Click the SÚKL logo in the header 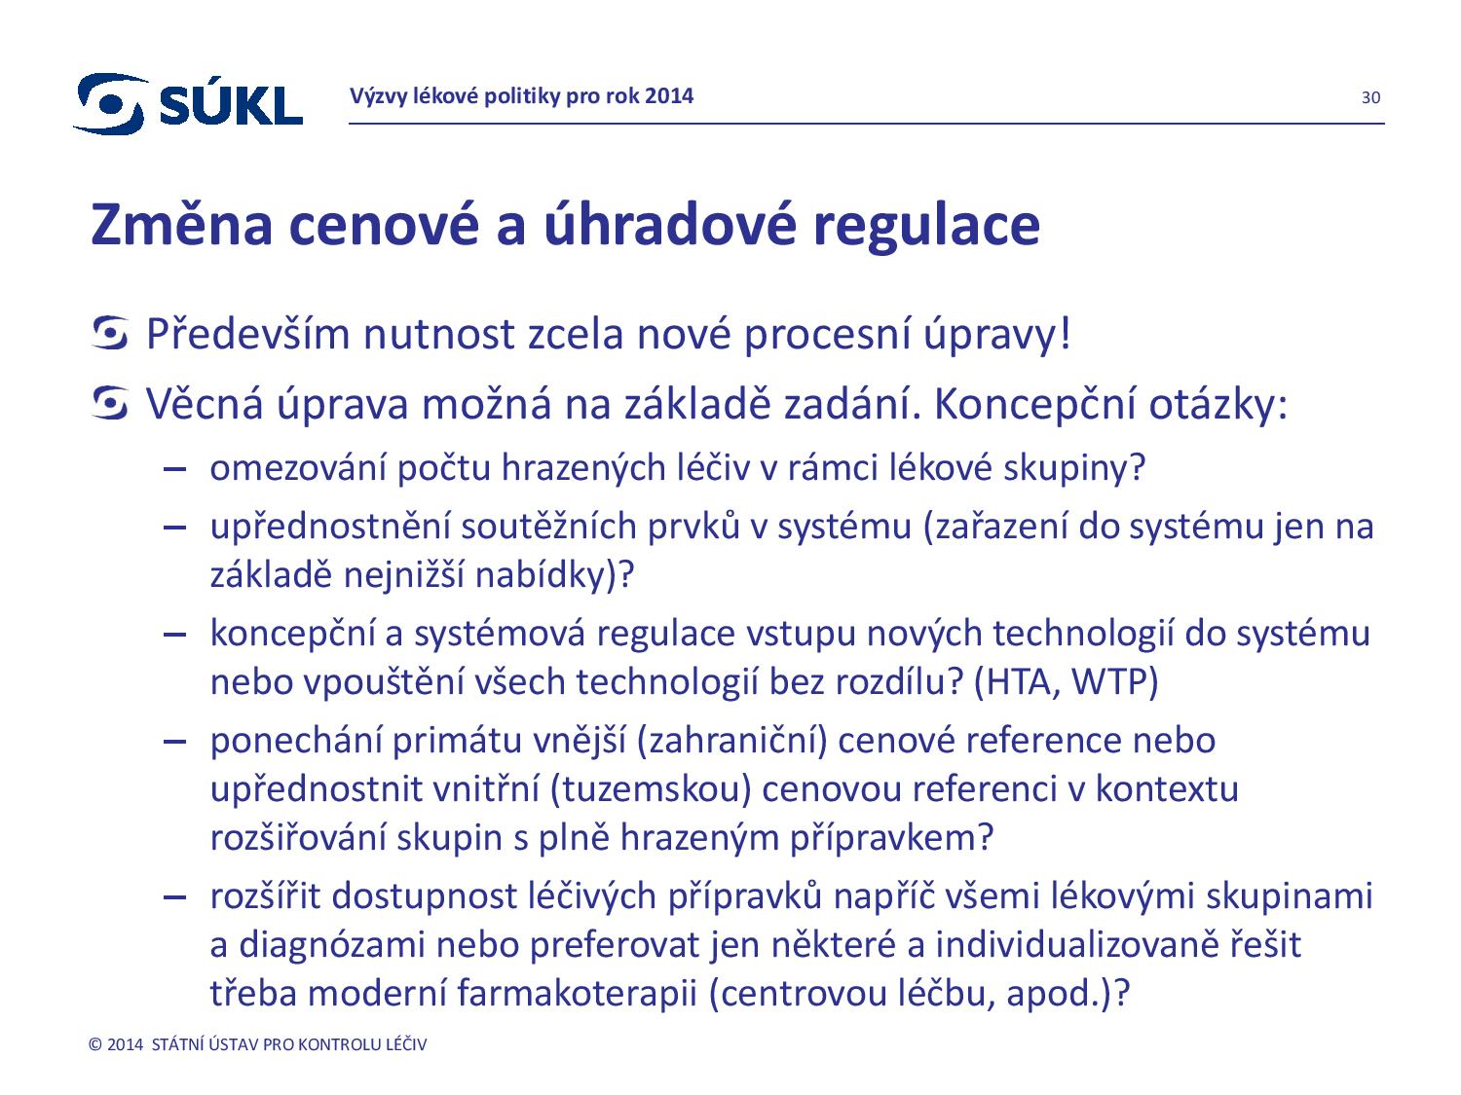coord(188,103)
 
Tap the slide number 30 coord(1369,97)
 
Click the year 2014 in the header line coord(668,96)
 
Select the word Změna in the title coord(181,225)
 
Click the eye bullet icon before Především coord(109,333)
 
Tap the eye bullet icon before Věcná coord(109,404)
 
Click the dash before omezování coord(174,469)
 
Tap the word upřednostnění coord(330,528)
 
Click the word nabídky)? coord(554,575)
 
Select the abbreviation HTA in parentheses coord(1018,682)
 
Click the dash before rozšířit coord(174,897)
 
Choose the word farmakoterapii coord(577,995)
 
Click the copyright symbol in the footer coord(95,1044)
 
